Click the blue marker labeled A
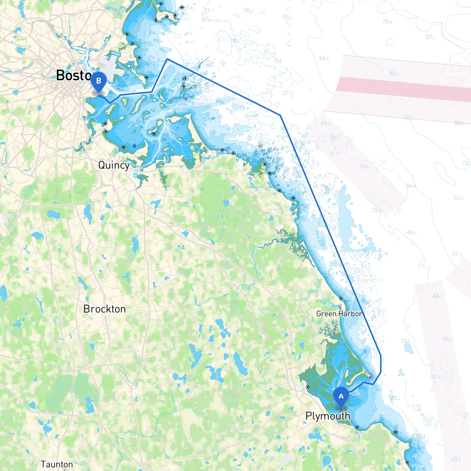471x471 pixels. click(x=341, y=397)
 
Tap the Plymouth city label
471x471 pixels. click(x=328, y=416)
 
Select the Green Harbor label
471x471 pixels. click(x=339, y=314)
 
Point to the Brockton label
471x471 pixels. click(x=105, y=309)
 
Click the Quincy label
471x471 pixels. click(x=114, y=165)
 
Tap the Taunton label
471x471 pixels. click(x=57, y=464)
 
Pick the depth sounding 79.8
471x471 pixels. click(x=387, y=21)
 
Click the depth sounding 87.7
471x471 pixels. click(x=431, y=37)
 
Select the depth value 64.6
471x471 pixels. click(x=324, y=58)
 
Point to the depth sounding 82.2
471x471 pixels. click(x=394, y=73)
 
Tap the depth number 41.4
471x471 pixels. click(x=325, y=124)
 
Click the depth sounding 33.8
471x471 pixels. click(x=364, y=166)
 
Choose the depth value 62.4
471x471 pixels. click(x=458, y=198)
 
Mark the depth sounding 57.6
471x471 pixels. click(x=457, y=254)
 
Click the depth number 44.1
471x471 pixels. click(x=437, y=296)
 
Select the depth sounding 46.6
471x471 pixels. click(x=411, y=232)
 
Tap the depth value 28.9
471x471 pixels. click(x=456, y=459)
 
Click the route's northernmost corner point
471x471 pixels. click(x=167, y=59)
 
